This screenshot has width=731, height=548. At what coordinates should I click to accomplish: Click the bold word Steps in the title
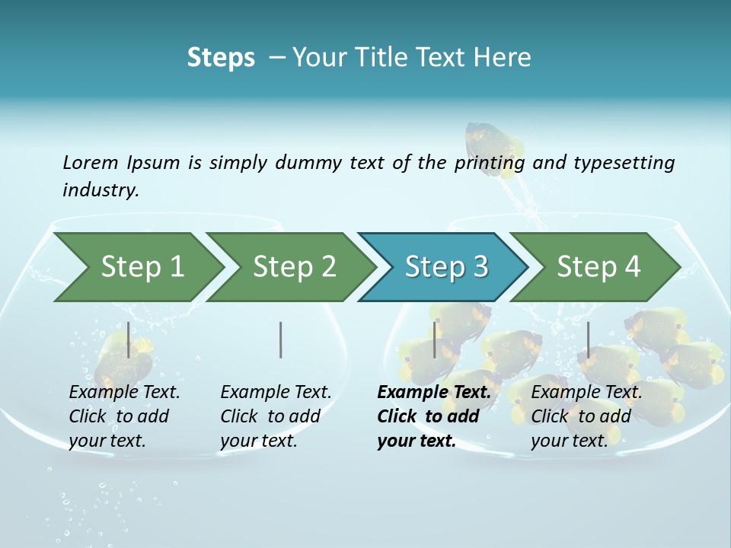221,58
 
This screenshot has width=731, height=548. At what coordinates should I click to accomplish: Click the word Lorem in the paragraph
91,162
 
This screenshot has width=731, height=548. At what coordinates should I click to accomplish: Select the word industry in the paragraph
100,190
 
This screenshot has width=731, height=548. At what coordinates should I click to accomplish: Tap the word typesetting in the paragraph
624,162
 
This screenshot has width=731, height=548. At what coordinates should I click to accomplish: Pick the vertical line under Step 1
128,339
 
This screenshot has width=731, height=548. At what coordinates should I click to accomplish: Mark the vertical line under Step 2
281,339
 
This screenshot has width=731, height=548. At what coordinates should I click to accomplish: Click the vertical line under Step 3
435,339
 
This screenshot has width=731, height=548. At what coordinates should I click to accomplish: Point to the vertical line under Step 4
588,339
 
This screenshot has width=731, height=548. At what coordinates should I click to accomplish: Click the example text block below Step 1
124,416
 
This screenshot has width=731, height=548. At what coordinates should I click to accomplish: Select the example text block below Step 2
276,416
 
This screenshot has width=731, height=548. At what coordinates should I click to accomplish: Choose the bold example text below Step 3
434,416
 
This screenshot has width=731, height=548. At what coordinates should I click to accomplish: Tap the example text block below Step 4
586,416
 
